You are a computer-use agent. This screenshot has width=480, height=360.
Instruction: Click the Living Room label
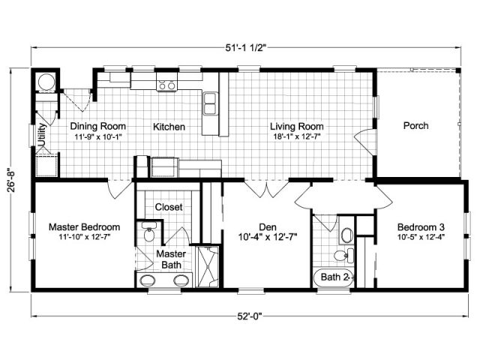297,126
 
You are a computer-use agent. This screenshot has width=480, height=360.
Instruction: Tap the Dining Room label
98,126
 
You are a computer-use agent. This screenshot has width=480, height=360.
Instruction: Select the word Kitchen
169,127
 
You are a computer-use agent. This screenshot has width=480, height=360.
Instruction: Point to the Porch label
415,125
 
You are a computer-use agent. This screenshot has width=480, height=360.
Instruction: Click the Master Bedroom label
85,227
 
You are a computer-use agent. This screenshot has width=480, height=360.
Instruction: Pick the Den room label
268,227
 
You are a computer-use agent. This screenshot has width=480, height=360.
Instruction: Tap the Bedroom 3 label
421,227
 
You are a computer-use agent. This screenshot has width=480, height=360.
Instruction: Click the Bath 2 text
334,277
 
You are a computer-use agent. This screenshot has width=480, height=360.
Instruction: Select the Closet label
169,207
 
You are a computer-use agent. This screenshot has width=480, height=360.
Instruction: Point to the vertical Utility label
42,135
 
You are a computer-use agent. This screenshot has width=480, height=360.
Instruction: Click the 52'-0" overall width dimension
250,316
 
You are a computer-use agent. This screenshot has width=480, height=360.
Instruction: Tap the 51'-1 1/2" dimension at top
246,48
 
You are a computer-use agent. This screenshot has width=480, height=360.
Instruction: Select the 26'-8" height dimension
12,181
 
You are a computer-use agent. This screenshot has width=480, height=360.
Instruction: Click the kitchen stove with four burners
166,82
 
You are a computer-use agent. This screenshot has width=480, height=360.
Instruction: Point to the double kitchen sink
210,103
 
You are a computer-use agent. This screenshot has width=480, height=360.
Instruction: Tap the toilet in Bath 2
343,255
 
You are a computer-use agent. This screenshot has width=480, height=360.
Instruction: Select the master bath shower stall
207,266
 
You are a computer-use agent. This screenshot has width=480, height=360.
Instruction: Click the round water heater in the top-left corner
46,82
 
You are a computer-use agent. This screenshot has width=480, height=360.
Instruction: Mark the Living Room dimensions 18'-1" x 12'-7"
297,136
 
